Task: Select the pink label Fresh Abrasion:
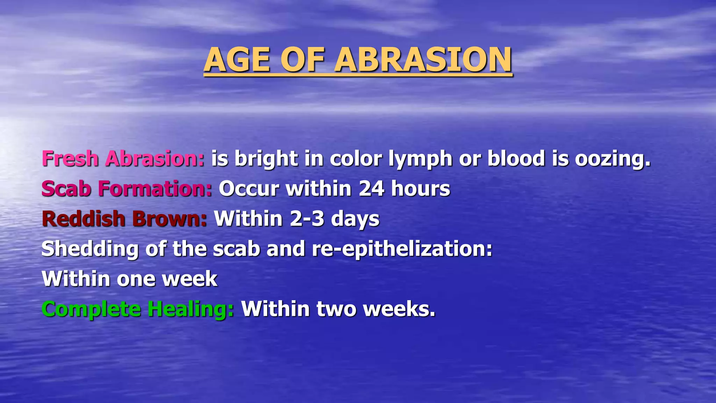[x=123, y=158]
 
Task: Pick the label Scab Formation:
[x=127, y=189]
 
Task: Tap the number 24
[x=371, y=189]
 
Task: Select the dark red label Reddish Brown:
[x=124, y=219]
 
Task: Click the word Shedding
[x=90, y=249]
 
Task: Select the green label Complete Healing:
[x=138, y=310]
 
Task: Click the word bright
[x=266, y=159]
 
